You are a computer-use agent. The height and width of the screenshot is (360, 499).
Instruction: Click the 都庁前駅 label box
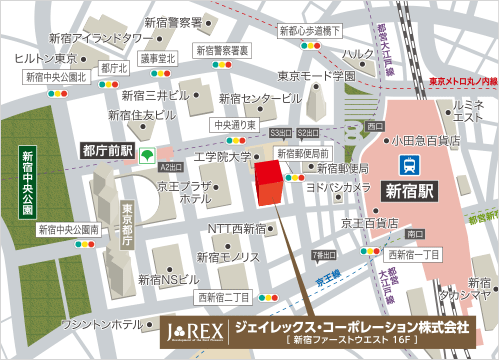point(105,149)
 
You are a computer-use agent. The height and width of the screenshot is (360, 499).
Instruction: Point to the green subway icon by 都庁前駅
point(146,155)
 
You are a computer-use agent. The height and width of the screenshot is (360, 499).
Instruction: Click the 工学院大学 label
point(222,157)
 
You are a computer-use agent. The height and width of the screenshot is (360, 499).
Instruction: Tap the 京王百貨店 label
point(362,221)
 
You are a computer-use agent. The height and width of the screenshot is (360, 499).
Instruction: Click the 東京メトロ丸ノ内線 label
point(462,79)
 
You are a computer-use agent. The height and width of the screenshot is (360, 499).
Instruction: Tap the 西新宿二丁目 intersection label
point(224,297)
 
